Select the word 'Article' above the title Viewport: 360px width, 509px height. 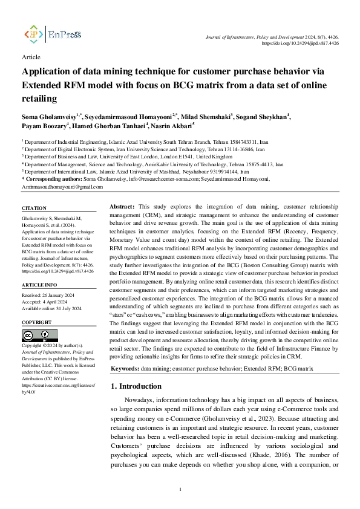coord(31,57)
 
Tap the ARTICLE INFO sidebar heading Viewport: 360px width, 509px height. coord(39,284)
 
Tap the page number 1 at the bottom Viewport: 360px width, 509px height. coord(180,489)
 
